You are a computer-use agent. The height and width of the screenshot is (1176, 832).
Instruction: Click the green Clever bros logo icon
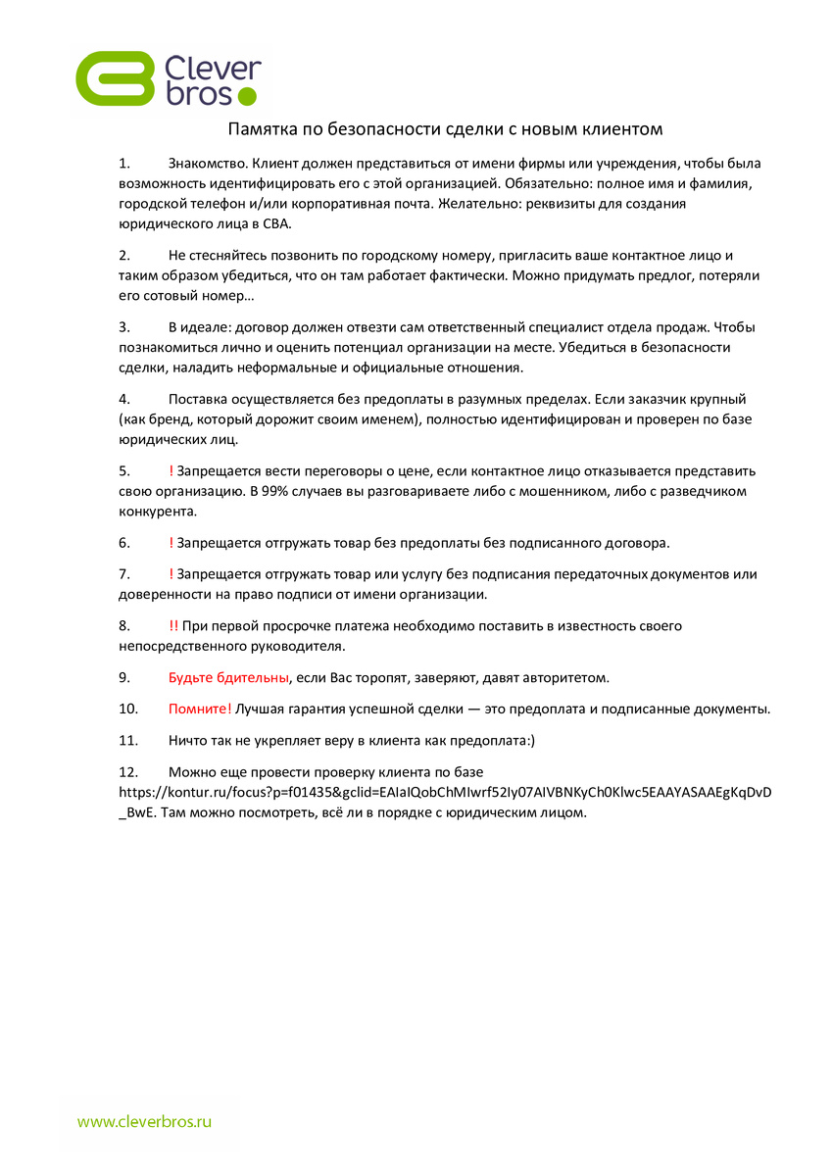(116, 78)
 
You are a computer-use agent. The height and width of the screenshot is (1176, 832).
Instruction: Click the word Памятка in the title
(259, 129)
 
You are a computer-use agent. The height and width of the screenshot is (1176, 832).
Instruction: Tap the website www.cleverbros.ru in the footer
(145, 1121)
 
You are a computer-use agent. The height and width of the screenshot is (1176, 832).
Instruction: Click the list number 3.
(123, 326)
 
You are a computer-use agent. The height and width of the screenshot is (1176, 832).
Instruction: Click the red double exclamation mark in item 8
(173, 625)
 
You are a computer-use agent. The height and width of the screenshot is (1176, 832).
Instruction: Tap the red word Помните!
(200, 709)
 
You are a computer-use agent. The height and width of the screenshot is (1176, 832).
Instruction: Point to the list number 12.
(127, 772)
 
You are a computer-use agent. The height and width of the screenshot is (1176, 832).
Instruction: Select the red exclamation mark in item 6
(171, 542)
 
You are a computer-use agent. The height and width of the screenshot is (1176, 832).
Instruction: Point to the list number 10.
(127, 709)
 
